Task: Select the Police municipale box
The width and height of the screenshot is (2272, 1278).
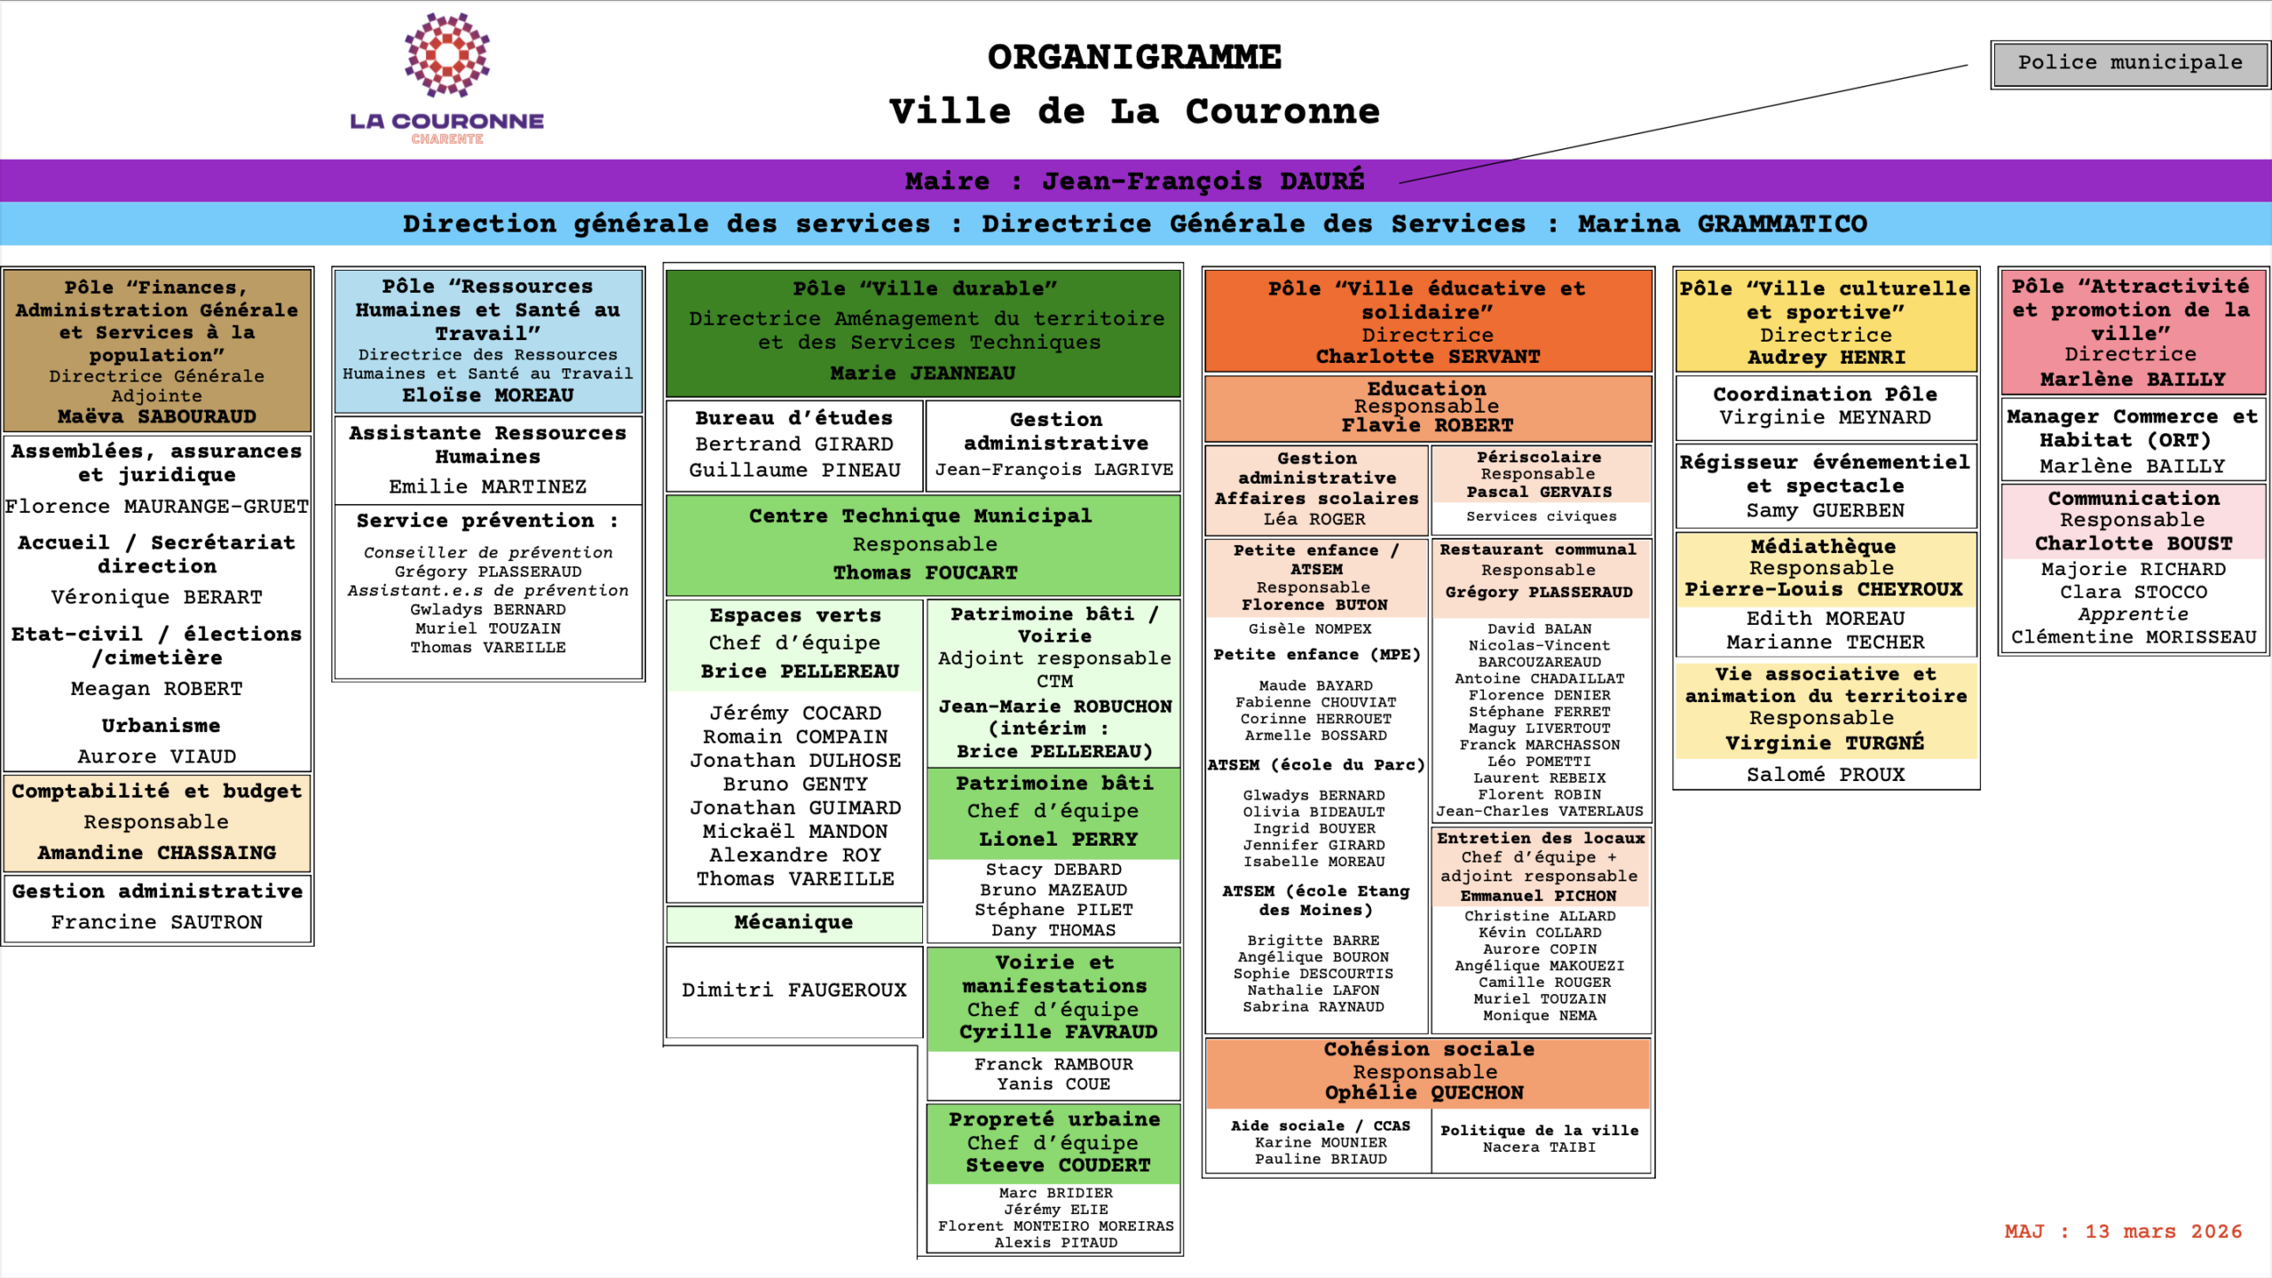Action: click(2129, 63)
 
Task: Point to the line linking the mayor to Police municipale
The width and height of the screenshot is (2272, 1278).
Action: click(1686, 123)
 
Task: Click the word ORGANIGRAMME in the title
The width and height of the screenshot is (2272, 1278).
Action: click(1134, 58)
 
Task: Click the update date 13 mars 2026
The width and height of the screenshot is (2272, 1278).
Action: click(2163, 1231)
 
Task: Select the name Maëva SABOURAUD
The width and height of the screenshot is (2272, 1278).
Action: click(157, 416)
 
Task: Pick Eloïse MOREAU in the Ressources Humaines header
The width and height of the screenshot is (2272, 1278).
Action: click(487, 395)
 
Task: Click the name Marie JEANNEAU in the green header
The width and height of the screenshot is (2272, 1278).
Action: click(922, 373)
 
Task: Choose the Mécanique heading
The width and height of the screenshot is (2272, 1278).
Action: click(793, 922)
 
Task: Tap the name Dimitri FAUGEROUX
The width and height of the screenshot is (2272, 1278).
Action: click(793, 990)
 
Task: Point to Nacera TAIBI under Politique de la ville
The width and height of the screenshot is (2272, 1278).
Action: click(1539, 1147)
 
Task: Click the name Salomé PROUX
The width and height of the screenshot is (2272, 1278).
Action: click(1826, 774)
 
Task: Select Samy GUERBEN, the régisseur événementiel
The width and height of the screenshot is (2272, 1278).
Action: click(1826, 510)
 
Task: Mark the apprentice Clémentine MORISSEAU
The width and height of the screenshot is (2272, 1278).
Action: click(2133, 636)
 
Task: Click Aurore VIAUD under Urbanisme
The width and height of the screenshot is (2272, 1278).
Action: click(157, 756)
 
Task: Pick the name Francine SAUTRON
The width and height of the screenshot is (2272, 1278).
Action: click(157, 922)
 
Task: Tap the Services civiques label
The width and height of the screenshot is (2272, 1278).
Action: click(1541, 517)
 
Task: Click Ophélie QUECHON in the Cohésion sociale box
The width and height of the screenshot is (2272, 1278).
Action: click(1424, 1093)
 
